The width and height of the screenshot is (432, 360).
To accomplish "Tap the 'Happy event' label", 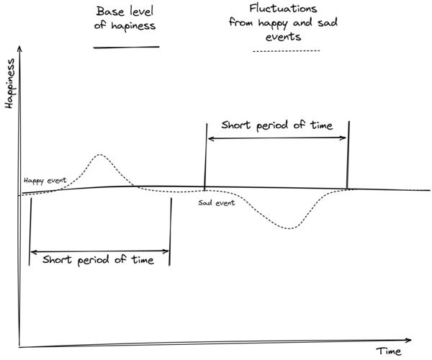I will (x=45, y=181).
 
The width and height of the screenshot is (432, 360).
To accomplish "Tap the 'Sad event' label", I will (x=216, y=202).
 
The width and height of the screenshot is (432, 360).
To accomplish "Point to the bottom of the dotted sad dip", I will (x=288, y=228).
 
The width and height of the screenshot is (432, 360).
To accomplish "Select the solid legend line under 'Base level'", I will (x=127, y=47).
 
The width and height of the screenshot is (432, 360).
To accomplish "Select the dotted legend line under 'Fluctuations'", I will (x=287, y=51).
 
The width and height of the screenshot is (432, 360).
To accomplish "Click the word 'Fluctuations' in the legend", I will (x=283, y=9).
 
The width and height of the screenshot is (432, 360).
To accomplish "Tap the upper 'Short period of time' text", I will (x=277, y=125).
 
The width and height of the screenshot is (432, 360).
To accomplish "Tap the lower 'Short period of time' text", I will (x=99, y=260).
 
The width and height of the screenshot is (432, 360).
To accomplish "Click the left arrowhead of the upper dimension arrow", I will (x=211, y=138).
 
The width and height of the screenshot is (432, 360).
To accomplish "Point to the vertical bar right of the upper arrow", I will (x=348, y=155).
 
